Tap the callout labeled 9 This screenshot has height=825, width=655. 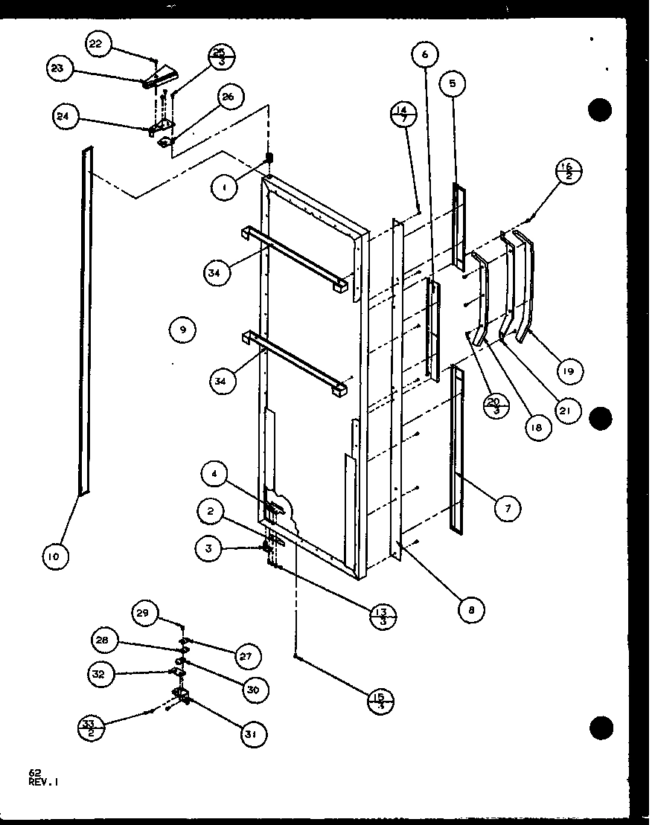[182, 329]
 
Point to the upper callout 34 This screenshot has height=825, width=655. [216, 273]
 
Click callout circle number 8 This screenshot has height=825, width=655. [471, 610]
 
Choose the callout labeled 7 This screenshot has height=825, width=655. [508, 508]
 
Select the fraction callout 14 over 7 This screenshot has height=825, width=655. [403, 116]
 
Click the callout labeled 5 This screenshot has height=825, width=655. [452, 84]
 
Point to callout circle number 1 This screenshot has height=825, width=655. [224, 189]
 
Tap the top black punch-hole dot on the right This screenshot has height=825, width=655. [599, 110]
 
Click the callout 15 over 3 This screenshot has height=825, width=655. [380, 701]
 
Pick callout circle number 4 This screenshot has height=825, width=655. [213, 474]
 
